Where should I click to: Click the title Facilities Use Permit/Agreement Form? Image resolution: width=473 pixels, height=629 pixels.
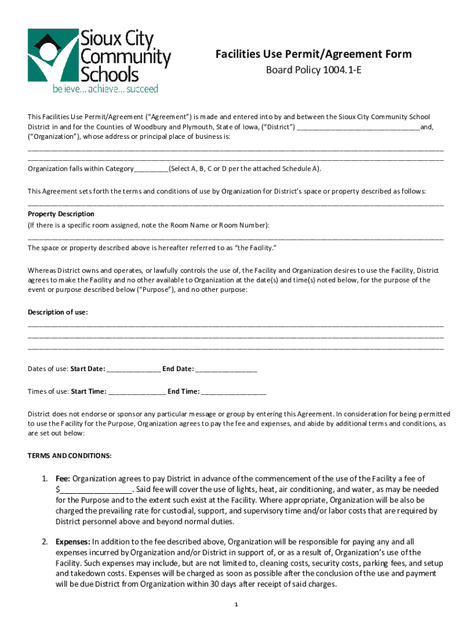(x=313, y=55)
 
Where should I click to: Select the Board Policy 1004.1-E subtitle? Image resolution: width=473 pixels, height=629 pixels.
(x=313, y=71)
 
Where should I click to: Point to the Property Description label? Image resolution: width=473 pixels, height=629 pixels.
(x=61, y=214)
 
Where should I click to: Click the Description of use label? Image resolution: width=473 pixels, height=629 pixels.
(x=58, y=312)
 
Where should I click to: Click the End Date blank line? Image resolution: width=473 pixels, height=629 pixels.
(x=227, y=369)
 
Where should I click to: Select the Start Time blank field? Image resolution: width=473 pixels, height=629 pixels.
(x=137, y=391)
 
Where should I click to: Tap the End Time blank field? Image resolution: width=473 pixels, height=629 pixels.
(x=234, y=391)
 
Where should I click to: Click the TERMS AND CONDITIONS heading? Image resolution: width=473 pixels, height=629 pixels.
(x=69, y=456)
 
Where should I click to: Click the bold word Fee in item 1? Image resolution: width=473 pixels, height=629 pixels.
(x=63, y=479)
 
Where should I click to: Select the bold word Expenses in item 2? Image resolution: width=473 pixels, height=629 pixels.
(x=72, y=542)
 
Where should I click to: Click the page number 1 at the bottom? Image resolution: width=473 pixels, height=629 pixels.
(x=236, y=605)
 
